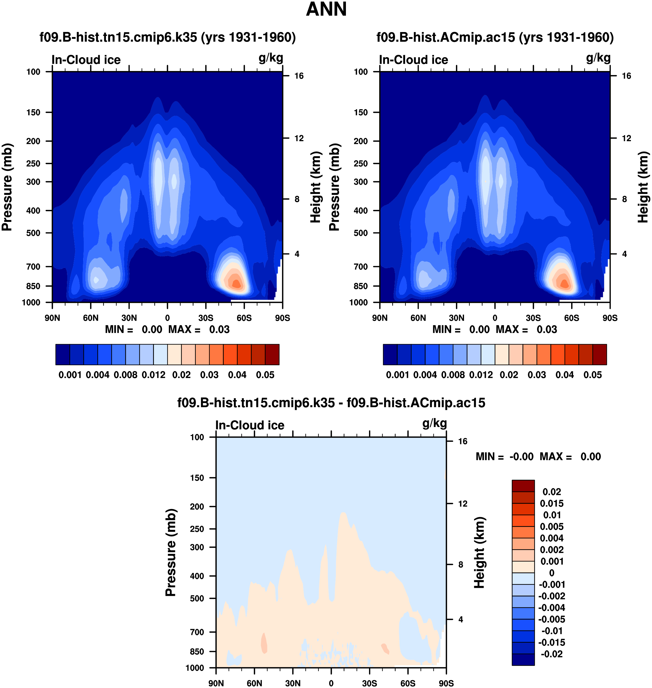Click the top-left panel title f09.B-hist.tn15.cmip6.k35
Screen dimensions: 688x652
[167, 37]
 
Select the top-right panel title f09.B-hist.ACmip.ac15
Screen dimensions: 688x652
[495, 37]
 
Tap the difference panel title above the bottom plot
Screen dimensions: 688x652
[331, 403]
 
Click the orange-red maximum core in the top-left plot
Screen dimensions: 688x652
[236, 284]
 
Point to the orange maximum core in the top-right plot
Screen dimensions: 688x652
[564, 284]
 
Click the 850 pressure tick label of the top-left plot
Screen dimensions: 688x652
[33, 286]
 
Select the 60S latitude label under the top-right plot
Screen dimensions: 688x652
[571, 318]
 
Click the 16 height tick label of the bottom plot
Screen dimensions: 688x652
[463, 441]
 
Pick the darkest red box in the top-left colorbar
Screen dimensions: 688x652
[272, 355]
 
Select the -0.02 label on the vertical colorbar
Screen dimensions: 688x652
[552, 654]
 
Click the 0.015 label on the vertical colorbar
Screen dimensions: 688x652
[552, 504]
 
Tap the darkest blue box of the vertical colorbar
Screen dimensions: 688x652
[523, 659]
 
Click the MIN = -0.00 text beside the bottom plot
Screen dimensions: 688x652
[504, 456]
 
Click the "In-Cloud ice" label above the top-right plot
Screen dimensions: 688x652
[413, 60]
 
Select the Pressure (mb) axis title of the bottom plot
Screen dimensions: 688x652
[171, 553]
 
